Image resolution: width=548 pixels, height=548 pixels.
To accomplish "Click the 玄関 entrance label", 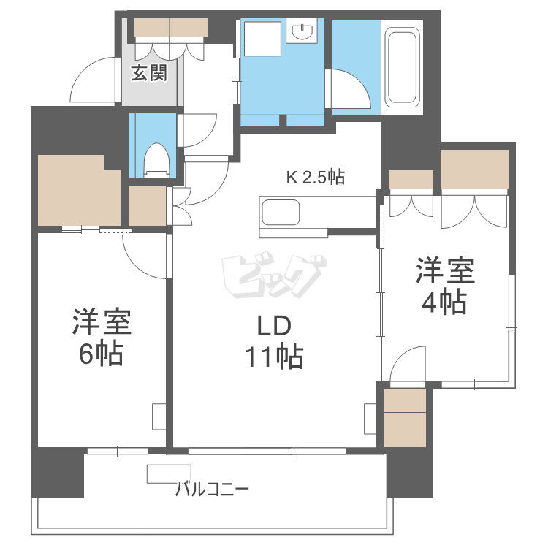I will (149, 73).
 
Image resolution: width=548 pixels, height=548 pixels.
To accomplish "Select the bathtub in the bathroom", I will (403, 66).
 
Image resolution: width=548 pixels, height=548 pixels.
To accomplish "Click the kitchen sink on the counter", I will (281, 213).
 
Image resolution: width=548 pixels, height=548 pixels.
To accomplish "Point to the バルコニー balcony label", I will (212, 488).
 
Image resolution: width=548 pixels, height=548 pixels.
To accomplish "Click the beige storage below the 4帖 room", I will (404, 418).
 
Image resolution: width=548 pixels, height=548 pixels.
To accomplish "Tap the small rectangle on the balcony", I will (168, 473).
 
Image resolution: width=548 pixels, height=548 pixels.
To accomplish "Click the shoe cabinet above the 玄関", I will (171, 27).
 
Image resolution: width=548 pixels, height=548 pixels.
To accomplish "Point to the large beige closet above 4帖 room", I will (474, 168).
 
